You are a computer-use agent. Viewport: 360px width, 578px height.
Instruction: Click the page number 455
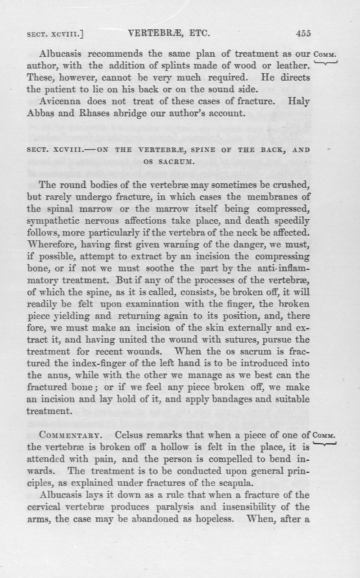(x=303, y=33)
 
